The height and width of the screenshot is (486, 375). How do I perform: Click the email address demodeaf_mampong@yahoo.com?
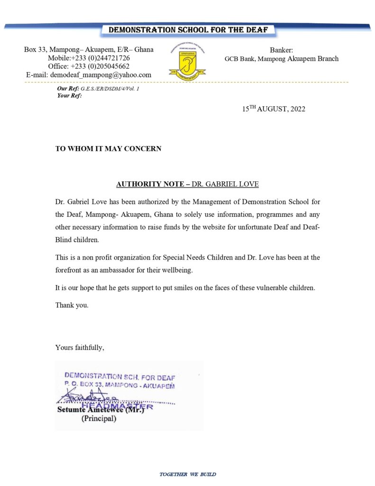click(89, 75)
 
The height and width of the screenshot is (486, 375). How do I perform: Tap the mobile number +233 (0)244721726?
click(89, 58)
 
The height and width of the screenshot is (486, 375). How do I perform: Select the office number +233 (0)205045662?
click(89, 66)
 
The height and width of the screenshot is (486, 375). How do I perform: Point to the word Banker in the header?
click(282, 50)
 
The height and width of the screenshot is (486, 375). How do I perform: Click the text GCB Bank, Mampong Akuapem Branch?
click(282, 59)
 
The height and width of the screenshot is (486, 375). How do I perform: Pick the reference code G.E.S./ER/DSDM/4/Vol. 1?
click(110, 89)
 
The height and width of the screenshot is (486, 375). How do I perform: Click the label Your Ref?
click(69, 95)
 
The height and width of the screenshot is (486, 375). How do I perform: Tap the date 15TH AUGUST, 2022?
click(274, 109)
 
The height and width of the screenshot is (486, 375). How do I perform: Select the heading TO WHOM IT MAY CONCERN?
click(108, 149)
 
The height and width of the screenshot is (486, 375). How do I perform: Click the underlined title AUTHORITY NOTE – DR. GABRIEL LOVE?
click(187, 184)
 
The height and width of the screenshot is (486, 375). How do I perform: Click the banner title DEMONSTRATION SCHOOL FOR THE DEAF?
click(188, 30)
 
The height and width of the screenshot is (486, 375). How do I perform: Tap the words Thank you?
click(72, 305)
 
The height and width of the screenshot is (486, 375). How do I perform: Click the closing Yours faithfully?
click(79, 348)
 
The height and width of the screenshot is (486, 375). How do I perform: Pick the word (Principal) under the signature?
click(99, 419)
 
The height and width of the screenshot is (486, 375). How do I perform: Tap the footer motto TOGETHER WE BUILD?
click(188, 474)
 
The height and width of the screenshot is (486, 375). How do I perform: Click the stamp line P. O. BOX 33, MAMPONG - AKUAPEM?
click(119, 385)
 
